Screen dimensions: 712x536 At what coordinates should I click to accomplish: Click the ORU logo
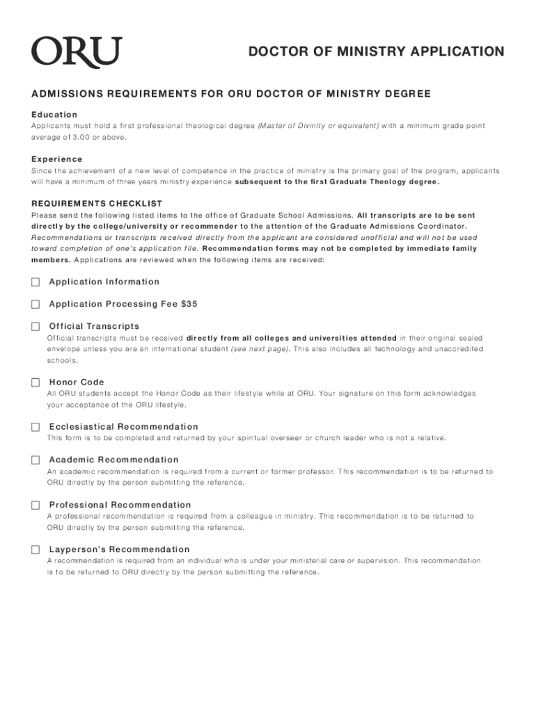tap(76, 53)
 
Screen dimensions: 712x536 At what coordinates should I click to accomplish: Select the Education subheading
tap(54, 114)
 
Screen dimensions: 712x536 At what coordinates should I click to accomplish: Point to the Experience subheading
tap(57, 159)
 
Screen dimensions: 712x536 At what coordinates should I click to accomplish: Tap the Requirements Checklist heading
tap(97, 204)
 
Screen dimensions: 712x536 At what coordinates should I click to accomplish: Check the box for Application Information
tap(36, 282)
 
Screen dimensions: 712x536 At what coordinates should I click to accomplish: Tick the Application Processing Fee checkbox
tap(36, 305)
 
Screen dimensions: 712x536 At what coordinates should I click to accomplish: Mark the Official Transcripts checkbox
tap(36, 327)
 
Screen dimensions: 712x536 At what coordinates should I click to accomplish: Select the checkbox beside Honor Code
tap(36, 382)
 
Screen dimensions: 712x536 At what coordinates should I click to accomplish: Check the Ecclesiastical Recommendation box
tap(36, 427)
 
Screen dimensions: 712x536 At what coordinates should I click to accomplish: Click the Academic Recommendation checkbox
tap(36, 460)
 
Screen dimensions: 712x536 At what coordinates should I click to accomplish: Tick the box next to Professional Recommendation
tap(36, 505)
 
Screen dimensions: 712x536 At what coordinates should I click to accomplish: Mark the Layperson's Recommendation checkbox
tap(36, 549)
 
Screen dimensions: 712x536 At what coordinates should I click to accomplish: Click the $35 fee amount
tap(189, 305)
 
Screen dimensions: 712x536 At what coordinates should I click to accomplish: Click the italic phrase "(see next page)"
tap(260, 349)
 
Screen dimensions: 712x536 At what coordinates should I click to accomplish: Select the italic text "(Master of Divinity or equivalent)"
tap(318, 126)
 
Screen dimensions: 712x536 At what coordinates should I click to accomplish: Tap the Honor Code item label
tap(77, 382)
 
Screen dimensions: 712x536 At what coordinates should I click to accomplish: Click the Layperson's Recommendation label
tap(119, 549)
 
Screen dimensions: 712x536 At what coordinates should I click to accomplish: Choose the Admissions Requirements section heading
tap(231, 94)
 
